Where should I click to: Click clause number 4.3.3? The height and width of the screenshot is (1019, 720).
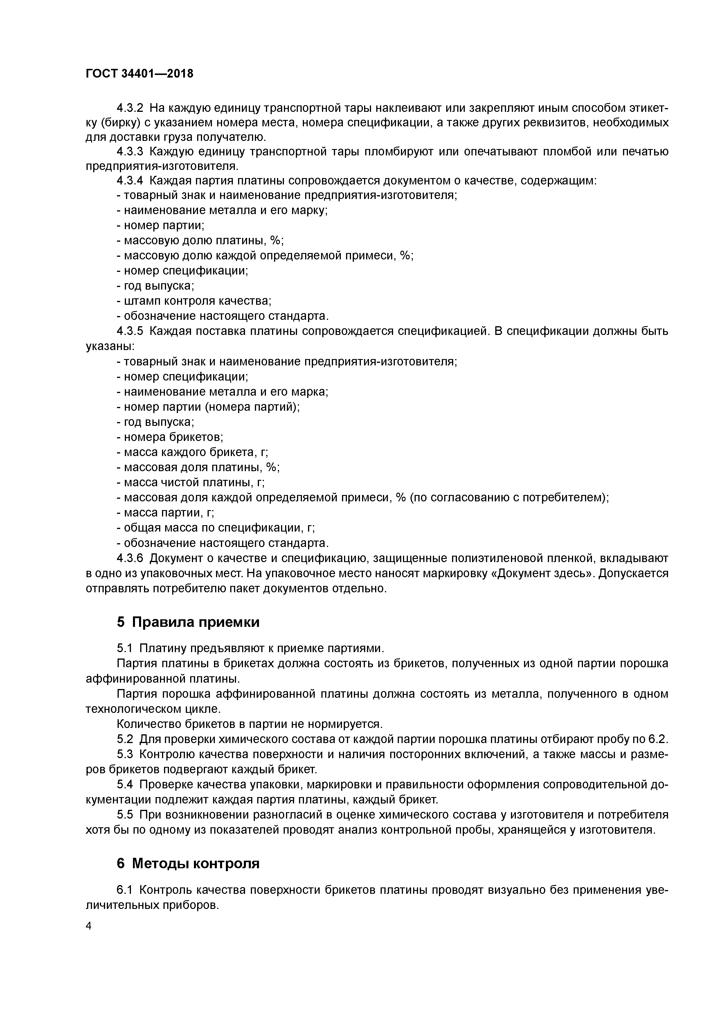point(130,152)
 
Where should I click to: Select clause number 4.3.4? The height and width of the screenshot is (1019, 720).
point(130,181)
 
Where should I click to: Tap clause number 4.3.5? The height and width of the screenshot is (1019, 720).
point(130,331)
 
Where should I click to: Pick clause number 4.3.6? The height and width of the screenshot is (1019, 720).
point(130,558)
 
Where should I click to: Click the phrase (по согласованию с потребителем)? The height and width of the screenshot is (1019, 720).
point(509,498)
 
